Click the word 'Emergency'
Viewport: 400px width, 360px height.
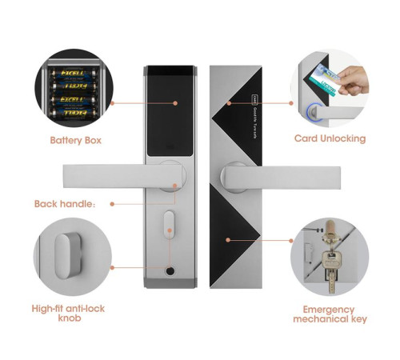tap(329, 308)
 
